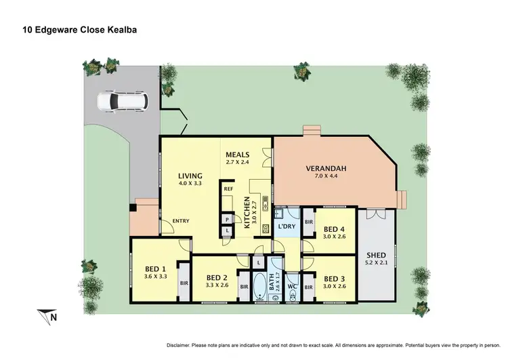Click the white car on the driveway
(x=123, y=102)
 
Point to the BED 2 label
(x=216, y=277)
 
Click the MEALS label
(x=238, y=155)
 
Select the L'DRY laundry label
(x=287, y=227)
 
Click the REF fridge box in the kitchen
(x=228, y=189)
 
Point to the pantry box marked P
(x=226, y=219)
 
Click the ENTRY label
(x=181, y=221)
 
